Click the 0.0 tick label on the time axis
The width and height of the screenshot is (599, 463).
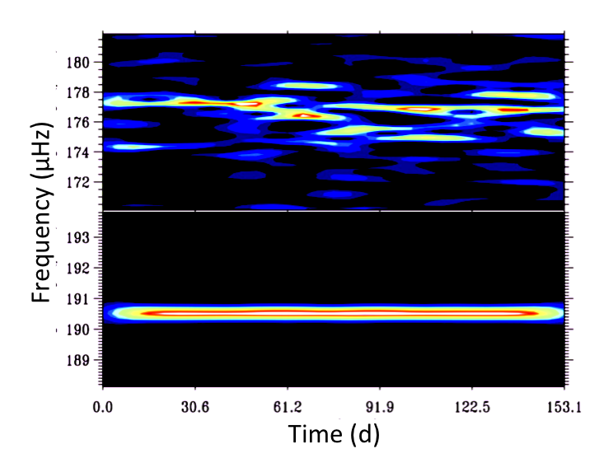pyautogui.click(x=103, y=406)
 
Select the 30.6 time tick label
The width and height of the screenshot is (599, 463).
pyautogui.click(x=194, y=406)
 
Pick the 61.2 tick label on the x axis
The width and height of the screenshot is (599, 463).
pyautogui.click(x=287, y=406)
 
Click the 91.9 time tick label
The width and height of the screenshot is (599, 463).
pyautogui.click(x=379, y=406)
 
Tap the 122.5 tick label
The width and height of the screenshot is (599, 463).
pyautogui.click(x=471, y=406)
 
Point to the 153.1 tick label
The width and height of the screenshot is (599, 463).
pyautogui.click(x=564, y=406)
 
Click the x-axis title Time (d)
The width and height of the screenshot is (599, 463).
pyautogui.click(x=333, y=434)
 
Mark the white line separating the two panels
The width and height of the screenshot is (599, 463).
pyautogui.click(x=333, y=211)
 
